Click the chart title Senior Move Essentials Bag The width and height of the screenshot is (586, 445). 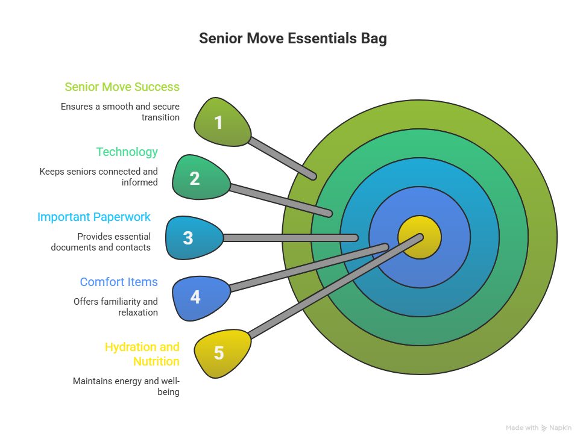[x=293, y=39]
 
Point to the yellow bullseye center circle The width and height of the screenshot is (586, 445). [x=420, y=237]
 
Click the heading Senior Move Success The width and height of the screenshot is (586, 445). [x=122, y=87]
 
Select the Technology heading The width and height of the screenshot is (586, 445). [x=127, y=152]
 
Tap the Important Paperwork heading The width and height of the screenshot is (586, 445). [x=94, y=217]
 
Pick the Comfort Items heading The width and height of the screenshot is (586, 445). [x=119, y=282]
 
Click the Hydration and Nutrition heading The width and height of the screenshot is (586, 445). [x=142, y=354]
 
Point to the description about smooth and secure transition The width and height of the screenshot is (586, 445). [x=120, y=112]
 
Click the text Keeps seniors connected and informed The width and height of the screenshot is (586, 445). [x=99, y=177]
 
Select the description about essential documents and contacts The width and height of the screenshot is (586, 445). [x=101, y=242]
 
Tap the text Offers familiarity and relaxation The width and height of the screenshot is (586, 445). [x=116, y=307]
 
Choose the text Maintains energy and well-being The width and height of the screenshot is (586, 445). [x=126, y=387]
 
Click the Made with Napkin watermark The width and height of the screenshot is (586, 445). [x=538, y=428]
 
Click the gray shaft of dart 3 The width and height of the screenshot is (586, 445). [x=289, y=238]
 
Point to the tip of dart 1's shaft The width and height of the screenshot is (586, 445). [x=313, y=176]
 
